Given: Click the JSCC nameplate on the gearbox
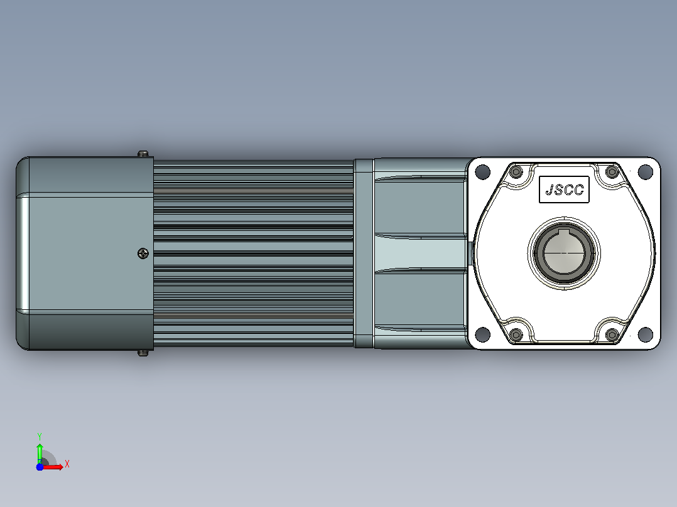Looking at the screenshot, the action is tap(564, 189).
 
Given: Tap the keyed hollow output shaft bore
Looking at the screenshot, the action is tap(564, 253).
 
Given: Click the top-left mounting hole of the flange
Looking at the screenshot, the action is tap(483, 172).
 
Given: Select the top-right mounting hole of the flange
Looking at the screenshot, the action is tap(645, 172).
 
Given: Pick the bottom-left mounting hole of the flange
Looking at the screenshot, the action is tap(483, 334).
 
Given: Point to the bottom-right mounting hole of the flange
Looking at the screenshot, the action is tap(645, 334).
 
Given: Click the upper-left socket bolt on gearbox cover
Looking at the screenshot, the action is tap(516, 172).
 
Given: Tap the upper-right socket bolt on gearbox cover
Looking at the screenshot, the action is tap(612, 172).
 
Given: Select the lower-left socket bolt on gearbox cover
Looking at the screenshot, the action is tap(516, 334).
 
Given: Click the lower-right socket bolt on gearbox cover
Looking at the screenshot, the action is tap(612, 334).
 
